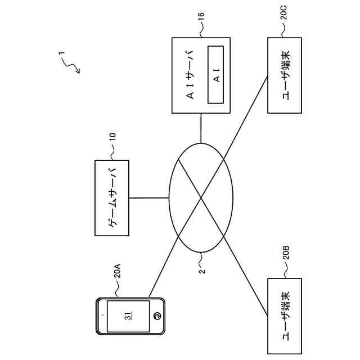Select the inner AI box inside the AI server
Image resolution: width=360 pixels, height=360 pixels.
point(216,74)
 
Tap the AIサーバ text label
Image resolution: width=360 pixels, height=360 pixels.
point(191,74)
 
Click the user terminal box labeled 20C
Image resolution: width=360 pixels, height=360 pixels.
point(285,74)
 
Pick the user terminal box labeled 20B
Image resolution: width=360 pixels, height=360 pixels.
point(285,316)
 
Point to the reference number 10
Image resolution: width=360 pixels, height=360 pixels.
point(112,137)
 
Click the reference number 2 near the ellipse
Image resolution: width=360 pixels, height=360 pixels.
point(202,269)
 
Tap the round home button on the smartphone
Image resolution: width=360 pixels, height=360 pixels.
point(158,316)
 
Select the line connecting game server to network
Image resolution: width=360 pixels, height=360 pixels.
point(149,197)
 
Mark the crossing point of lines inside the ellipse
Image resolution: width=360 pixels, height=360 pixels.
point(201,197)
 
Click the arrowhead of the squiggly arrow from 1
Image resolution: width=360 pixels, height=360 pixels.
point(79,73)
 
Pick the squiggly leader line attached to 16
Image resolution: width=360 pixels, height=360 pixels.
point(201,33)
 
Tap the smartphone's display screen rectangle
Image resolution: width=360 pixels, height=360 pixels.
point(129,316)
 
